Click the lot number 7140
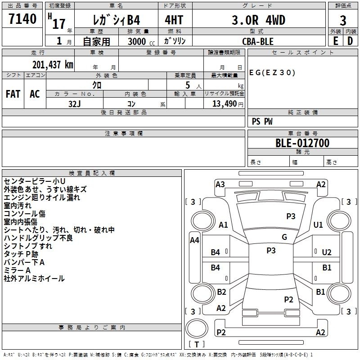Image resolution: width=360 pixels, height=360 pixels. coord(22,19)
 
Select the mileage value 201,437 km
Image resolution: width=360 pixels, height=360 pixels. coord(53,65)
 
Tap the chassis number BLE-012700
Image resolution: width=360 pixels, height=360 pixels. coord(302,143)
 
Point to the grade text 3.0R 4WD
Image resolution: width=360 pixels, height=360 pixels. coord(258,20)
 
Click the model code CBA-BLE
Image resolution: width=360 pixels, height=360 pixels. coord(258,41)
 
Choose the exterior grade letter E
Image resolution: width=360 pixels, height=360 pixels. coord(335,41)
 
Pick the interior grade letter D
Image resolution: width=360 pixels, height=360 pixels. coord(350,41)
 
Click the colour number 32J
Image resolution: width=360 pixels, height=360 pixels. coord(75,104)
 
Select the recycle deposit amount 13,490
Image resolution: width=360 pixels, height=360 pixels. coord(224,104)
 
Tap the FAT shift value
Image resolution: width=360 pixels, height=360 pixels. coord(13,94)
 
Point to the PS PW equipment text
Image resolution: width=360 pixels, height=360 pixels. coord(262,121)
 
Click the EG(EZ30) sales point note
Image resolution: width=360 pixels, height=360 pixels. coord(272,73)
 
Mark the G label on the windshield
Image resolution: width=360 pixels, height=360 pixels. coord(284,237)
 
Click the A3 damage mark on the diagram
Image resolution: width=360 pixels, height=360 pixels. coord(220,184)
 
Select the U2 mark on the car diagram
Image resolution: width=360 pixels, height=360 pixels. coord(327,252)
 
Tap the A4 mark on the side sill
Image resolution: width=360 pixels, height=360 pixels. coord(194,240)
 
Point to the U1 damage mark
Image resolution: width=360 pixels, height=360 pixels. coord(318,225)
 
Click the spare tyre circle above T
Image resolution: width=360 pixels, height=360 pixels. coord(197,328)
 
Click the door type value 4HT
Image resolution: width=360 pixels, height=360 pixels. coord(174,20)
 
